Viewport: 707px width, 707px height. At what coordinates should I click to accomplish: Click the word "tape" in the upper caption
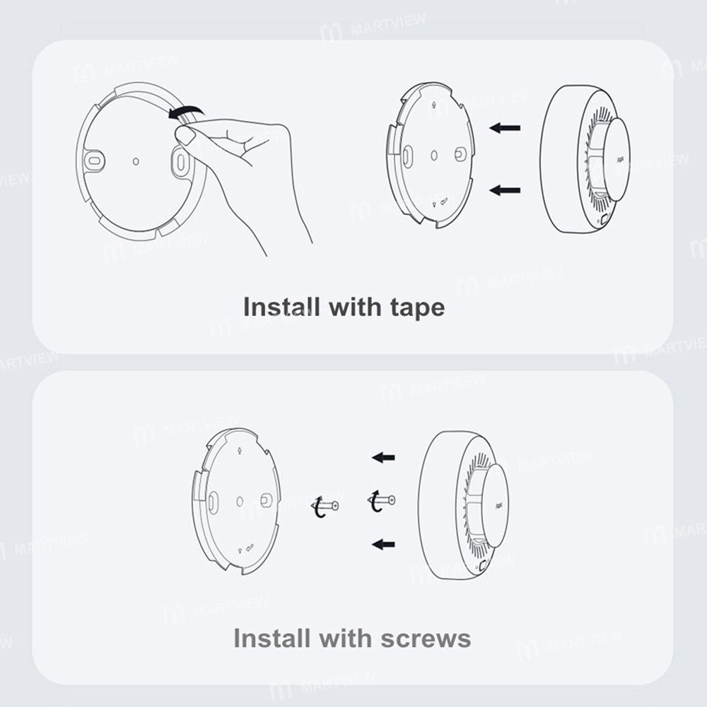[416, 308]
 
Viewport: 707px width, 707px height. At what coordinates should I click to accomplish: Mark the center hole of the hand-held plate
[136, 160]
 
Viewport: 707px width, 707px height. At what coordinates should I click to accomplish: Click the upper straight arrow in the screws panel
[383, 457]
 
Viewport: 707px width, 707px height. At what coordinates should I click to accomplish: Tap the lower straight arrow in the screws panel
[383, 543]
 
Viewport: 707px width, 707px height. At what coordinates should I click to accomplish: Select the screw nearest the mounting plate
[326, 506]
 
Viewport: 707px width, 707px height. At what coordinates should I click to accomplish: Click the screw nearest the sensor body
[382, 501]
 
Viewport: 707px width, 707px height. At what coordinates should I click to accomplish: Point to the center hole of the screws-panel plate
[240, 501]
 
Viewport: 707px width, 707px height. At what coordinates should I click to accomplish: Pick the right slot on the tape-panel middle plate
[460, 153]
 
